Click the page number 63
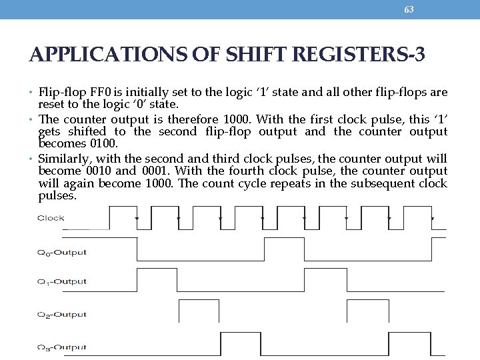(409, 9)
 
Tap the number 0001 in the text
(155, 170)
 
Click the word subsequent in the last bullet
(385, 183)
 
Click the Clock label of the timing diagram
(51, 218)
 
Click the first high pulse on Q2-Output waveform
(199, 311)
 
